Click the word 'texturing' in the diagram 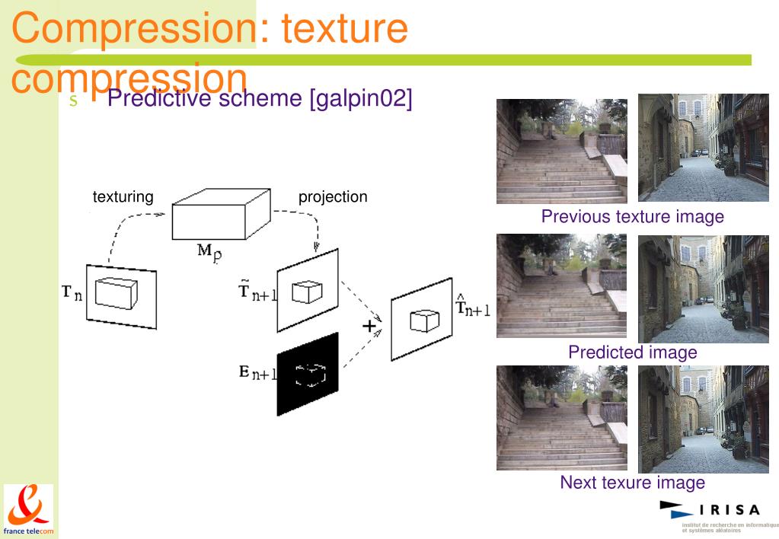123,197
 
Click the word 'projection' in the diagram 333,197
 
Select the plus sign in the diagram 369,327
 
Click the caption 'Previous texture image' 632,217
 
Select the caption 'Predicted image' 632,352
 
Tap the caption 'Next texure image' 632,483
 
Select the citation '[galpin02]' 360,99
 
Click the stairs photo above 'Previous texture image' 562,151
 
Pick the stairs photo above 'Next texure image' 562,417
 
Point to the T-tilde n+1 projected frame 308,290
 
